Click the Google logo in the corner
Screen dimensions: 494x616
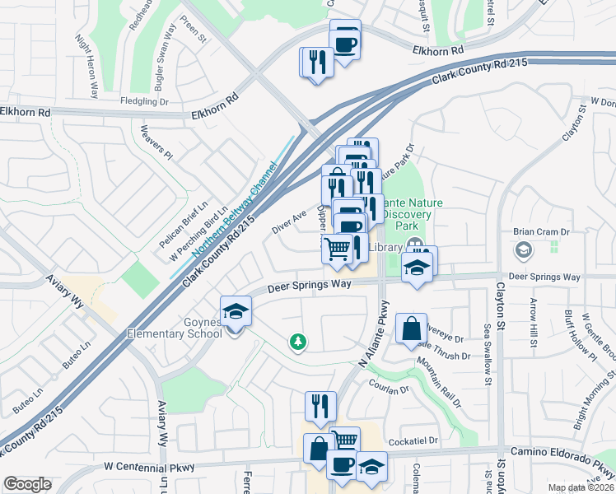(27, 484)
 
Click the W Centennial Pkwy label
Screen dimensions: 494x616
(153, 467)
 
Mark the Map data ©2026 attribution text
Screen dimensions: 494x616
(581, 487)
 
